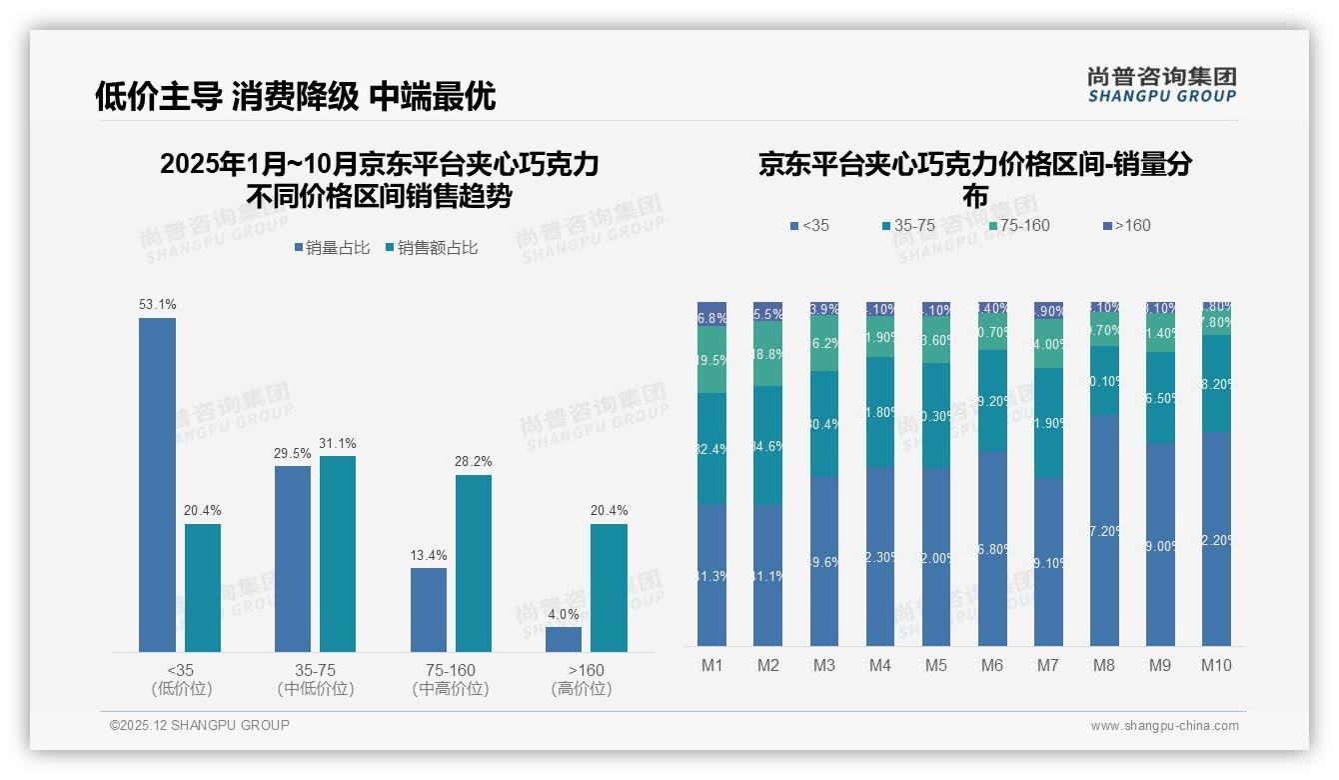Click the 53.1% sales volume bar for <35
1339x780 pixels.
[157, 485]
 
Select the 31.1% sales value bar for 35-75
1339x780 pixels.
[338, 554]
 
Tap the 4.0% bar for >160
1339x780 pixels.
[564, 639]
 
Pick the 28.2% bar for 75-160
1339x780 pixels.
[474, 563]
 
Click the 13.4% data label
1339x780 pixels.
[429, 555]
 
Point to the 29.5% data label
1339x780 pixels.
[293, 453]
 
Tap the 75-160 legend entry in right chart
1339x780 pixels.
[1018, 226]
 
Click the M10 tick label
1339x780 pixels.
[1216, 665]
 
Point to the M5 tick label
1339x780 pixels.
[936, 665]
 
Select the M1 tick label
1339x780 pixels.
[712, 665]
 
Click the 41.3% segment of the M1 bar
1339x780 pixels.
[712, 575]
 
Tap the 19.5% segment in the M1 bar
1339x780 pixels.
[712, 360]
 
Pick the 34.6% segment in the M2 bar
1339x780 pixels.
[768, 446]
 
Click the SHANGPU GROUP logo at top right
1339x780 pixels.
[1161, 85]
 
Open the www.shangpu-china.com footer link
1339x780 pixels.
[1164, 726]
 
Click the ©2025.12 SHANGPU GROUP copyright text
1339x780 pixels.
[200, 726]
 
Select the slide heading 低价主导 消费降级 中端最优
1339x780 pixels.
[295, 96]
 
